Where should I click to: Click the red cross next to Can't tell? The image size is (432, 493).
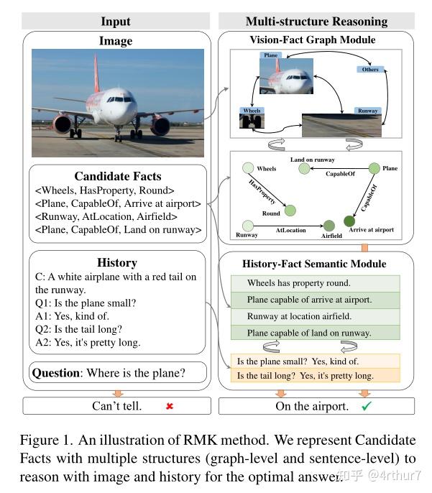pos(170,406)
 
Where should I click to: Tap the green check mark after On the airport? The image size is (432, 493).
pos(366,406)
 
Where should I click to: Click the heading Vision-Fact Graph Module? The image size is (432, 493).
pos(311,40)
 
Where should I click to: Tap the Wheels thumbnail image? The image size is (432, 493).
pos(252,120)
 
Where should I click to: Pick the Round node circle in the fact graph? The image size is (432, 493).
pos(290,211)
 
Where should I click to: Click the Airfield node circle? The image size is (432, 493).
pos(328,226)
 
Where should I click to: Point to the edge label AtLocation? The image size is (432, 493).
pos(290,231)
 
